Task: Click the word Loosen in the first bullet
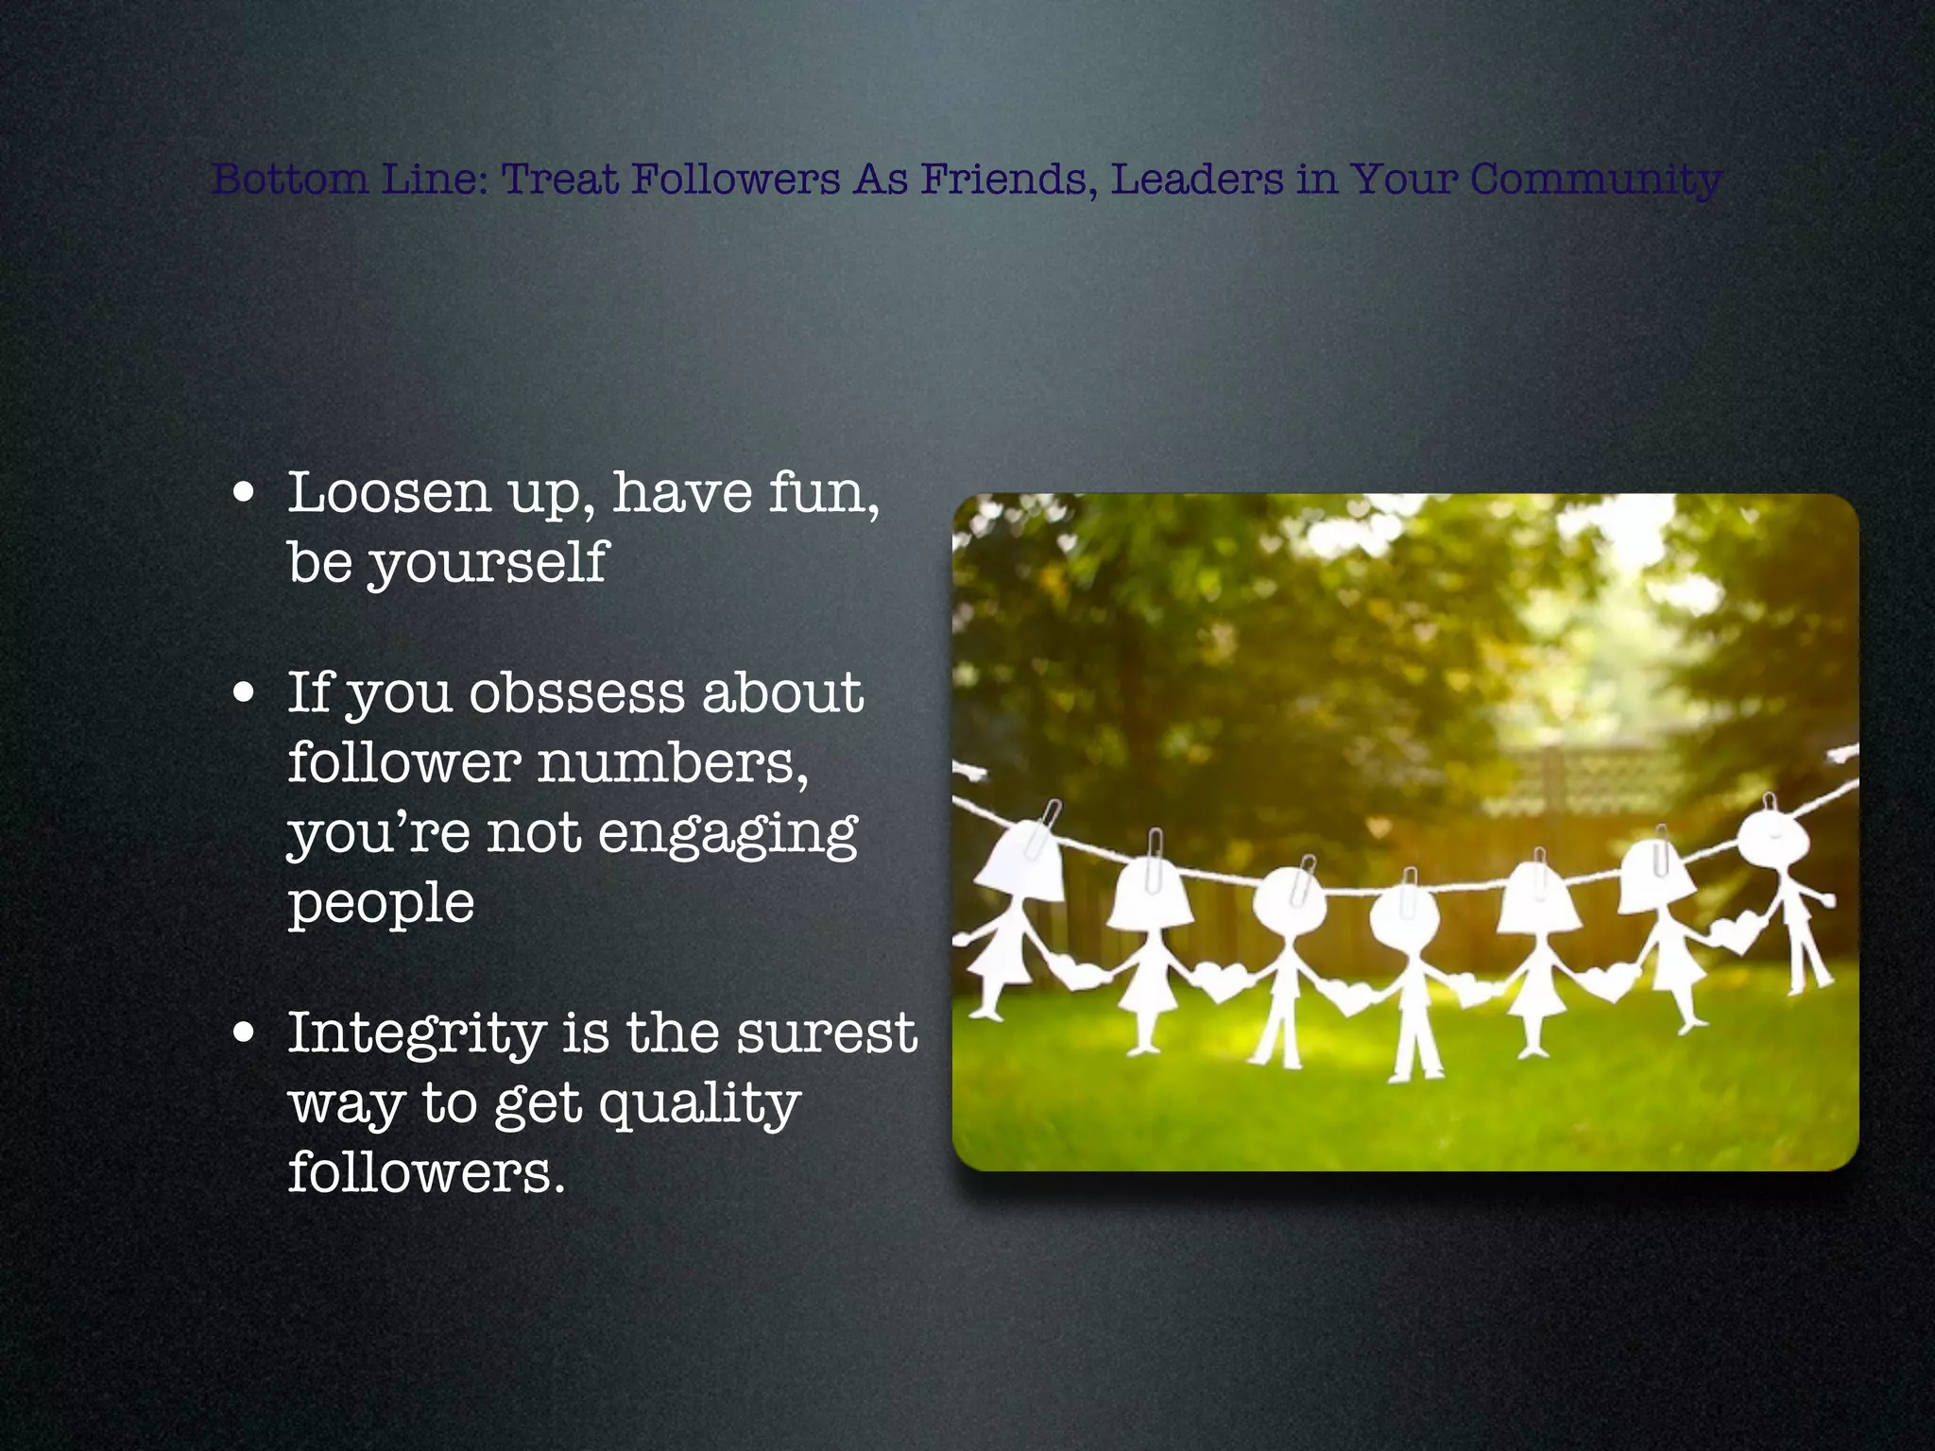point(388,492)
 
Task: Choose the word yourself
point(488,564)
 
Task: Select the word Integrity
point(417,1033)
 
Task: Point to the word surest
point(827,1032)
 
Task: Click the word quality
point(699,1103)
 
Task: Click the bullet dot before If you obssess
point(245,693)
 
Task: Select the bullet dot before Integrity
point(245,1033)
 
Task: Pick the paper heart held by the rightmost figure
point(1737,933)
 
